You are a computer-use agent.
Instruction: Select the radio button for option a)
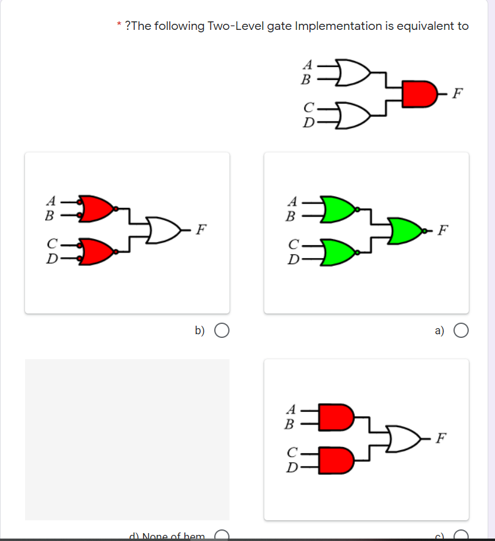(x=461, y=331)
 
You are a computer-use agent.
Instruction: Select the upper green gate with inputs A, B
(x=336, y=208)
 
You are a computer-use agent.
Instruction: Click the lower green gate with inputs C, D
(x=336, y=252)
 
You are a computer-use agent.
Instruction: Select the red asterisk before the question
(x=118, y=26)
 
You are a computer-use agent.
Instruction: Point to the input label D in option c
(x=292, y=468)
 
